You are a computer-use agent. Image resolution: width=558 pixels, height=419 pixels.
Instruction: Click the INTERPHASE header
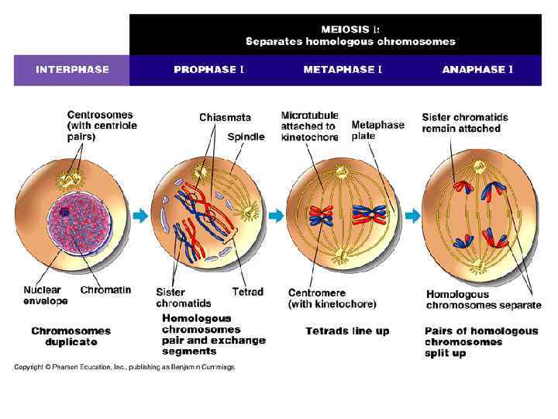[72, 70]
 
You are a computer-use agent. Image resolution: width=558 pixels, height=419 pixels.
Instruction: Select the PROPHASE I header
[208, 70]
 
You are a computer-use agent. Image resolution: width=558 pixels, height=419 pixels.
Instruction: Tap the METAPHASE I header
[342, 70]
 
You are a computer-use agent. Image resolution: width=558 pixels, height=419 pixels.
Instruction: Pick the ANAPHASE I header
[477, 70]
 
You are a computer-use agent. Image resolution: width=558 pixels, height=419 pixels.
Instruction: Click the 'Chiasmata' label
[225, 118]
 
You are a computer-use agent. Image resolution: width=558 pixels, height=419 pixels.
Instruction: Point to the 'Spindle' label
[246, 137]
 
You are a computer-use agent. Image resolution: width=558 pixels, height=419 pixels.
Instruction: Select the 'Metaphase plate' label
[377, 130]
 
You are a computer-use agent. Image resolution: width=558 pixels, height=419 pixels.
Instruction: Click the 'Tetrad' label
[247, 293]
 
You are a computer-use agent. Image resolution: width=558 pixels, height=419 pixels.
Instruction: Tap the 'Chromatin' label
[105, 290]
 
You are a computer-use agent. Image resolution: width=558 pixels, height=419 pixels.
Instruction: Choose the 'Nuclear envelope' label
[45, 296]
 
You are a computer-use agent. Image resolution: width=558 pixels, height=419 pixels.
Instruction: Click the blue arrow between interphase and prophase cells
[139, 216]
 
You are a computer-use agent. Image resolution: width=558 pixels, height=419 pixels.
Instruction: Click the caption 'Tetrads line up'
[347, 331]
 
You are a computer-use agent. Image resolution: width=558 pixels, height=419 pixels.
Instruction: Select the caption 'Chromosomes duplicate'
[71, 336]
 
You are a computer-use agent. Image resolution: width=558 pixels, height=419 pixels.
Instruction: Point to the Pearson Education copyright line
[124, 367]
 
